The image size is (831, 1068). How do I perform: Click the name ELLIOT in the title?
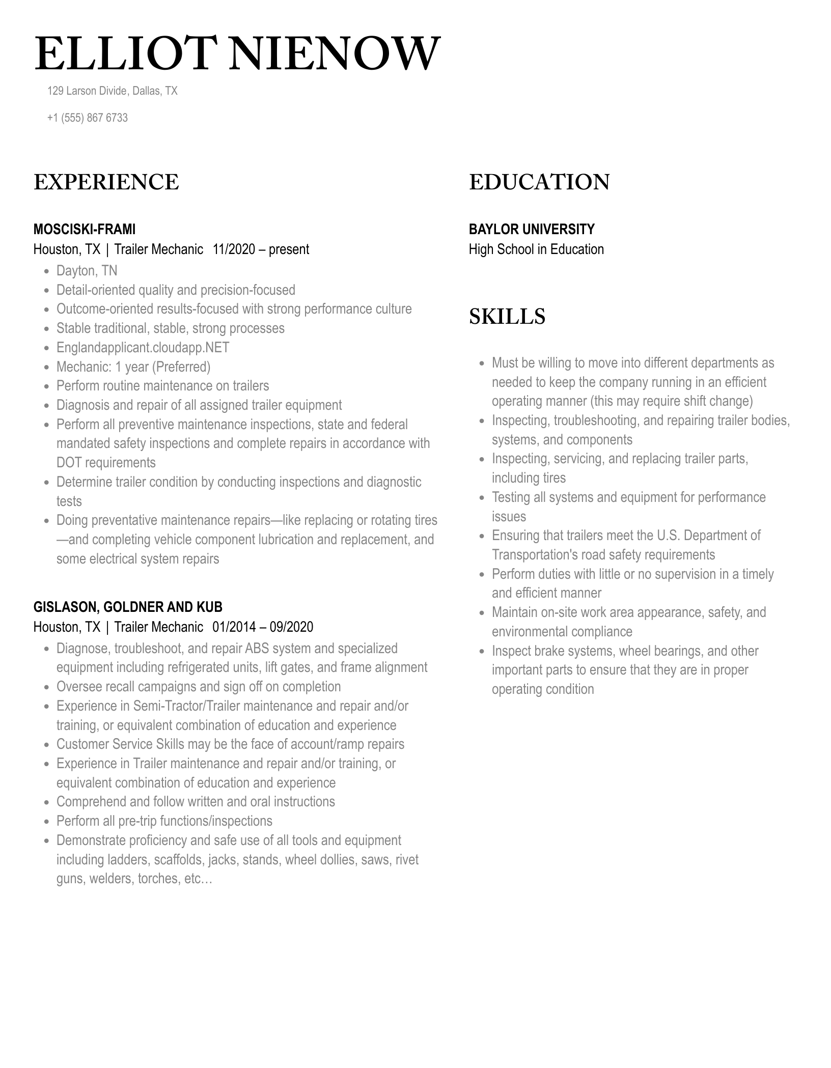pyautogui.click(x=122, y=54)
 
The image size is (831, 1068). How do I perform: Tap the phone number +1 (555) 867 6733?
pyautogui.click(x=87, y=118)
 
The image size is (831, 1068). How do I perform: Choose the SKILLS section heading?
pyautogui.click(x=507, y=317)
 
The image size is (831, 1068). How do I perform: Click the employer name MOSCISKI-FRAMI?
pyautogui.click(x=85, y=229)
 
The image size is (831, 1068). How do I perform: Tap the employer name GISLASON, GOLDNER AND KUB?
pyautogui.click(x=128, y=607)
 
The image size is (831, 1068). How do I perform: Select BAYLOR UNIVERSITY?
pyautogui.click(x=532, y=229)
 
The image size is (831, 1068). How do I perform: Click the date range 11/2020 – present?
pyautogui.click(x=261, y=249)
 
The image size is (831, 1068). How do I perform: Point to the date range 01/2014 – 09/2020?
pyautogui.click(x=263, y=627)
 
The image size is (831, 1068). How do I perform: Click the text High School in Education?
pyautogui.click(x=536, y=249)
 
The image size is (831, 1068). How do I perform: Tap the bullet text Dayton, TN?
pyautogui.click(x=87, y=271)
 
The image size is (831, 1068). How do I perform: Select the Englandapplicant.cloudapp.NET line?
pyautogui.click(x=143, y=348)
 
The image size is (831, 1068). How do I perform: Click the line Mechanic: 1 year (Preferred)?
pyautogui.click(x=133, y=367)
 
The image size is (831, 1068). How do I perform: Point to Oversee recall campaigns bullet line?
pyautogui.click(x=198, y=687)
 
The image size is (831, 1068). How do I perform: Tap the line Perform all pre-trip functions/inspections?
pyautogui.click(x=164, y=821)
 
